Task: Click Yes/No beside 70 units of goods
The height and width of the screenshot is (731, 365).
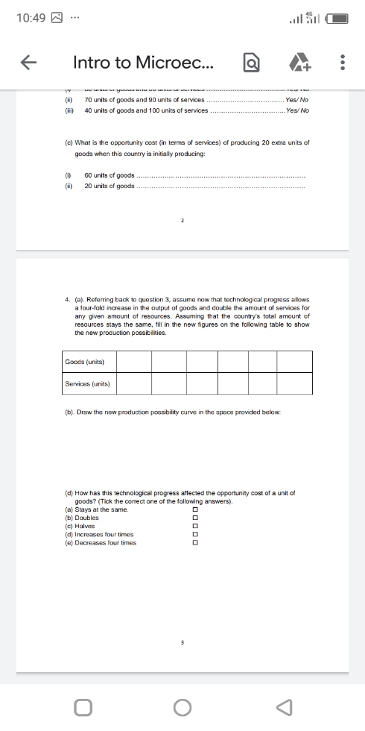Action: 296,99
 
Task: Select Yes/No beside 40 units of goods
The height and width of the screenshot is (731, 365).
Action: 296,110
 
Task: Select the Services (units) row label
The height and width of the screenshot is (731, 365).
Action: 88,383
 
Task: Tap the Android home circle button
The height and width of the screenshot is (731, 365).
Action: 182,706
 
